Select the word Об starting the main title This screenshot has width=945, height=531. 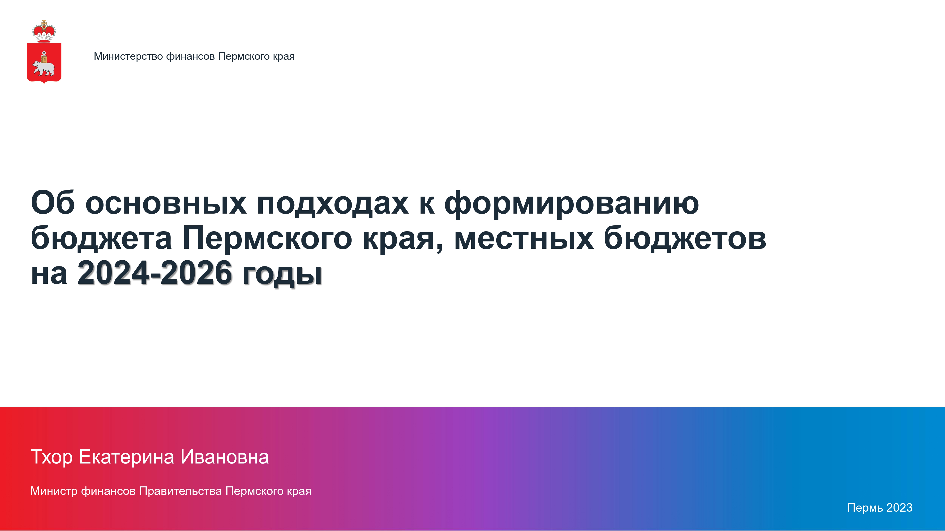pyautogui.click(x=53, y=203)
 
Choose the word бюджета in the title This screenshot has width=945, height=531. pyautogui.click(x=101, y=238)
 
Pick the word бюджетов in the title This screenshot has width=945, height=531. pyautogui.click(x=685, y=238)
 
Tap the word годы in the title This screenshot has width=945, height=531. pyautogui.click(x=282, y=275)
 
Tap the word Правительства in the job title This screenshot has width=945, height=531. pyautogui.click(x=180, y=491)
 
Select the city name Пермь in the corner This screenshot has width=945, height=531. pyautogui.click(x=865, y=508)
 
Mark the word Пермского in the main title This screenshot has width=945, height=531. pyautogui.click(x=267, y=238)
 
